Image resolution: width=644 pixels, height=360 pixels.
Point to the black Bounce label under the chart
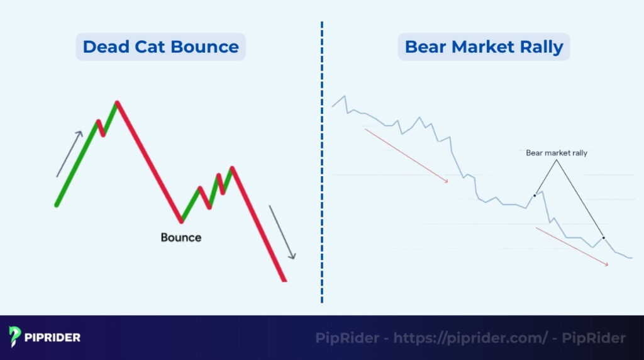pyautogui.click(x=181, y=238)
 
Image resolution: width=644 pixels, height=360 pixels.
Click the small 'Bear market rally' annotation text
pyautogui.click(x=556, y=153)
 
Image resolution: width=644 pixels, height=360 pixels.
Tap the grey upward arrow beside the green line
pyautogui.click(x=70, y=154)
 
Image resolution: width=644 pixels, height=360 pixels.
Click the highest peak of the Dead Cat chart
pyautogui.click(x=116, y=102)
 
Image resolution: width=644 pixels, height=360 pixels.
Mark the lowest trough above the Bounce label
pyautogui.click(x=182, y=221)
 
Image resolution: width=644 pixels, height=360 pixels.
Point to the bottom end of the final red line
pyautogui.click(x=284, y=280)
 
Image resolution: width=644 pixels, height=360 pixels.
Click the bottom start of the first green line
pyautogui.click(x=57, y=205)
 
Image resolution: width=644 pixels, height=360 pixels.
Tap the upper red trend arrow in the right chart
pyautogui.click(x=406, y=156)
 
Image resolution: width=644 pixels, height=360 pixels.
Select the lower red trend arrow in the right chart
pyautogui.click(x=572, y=247)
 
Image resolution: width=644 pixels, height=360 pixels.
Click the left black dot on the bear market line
pyautogui.click(x=535, y=195)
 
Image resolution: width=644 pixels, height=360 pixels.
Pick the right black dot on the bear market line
pyautogui.click(x=603, y=237)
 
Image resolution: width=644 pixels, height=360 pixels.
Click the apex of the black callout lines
pyautogui.click(x=557, y=160)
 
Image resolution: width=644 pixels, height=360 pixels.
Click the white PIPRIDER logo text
pyautogui.click(x=53, y=338)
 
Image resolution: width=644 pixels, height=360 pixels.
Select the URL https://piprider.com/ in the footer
pyautogui.click(x=470, y=338)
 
